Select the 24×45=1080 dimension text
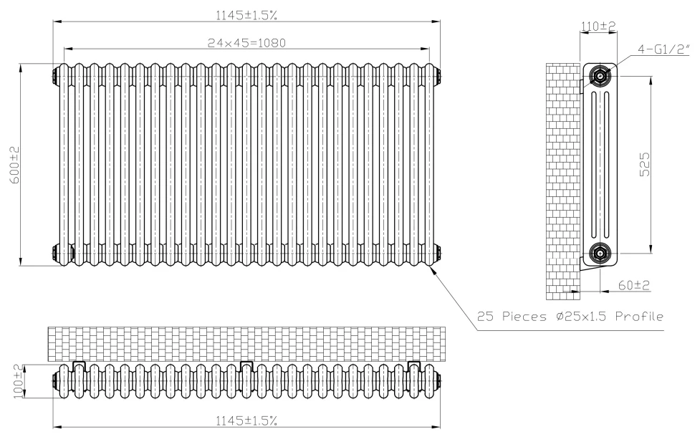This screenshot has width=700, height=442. pyautogui.click(x=247, y=42)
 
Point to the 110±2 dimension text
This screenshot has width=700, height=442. pyautogui.click(x=598, y=26)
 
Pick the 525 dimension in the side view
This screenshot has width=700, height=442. pyautogui.click(x=644, y=164)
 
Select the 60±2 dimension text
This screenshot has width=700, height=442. pyautogui.click(x=634, y=285)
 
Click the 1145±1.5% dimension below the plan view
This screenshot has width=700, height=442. pyautogui.click(x=246, y=421)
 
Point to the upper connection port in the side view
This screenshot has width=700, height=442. pyautogui.click(x=599, y=75)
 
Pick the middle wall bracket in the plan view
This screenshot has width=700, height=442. pyautogui.click(x=246, y=366)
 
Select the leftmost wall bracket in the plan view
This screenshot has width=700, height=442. pyautogui.click(x=80, y=366)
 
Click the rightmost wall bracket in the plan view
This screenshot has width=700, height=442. pyautogui.click(x=413, y=366)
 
